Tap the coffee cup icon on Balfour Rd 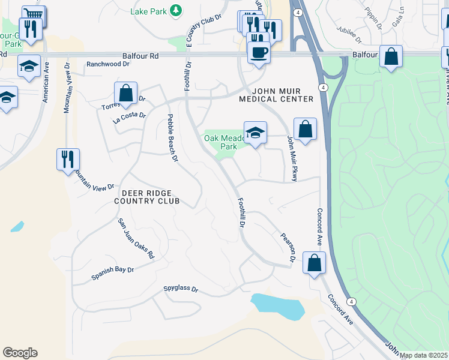pyautogui.click(x=258, y=52)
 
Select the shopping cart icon pyautogui.click(x=34, y=14)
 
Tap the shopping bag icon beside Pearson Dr pyautogui.click(x=314, y=263)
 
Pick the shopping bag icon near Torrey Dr pyautogui.click(x=125, y=94)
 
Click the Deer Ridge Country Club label pyautogui.click(x=147, y=197)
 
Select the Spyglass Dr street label pyautogui.click(x=181, y=289)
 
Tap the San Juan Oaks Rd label pyautogui.click(x=136, y=238)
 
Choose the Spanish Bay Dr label pyautogui.click(x=112, y=273)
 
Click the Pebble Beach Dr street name pyautogui.click(x=172, y=138)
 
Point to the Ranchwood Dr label pyautogui.click(x=108, y=64)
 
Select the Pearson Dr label pyautogui.click(x=286, y=247)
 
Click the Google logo pyautogui.click(x=20, y=353)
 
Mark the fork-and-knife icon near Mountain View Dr pyautogui.click(x=68, y=160)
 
